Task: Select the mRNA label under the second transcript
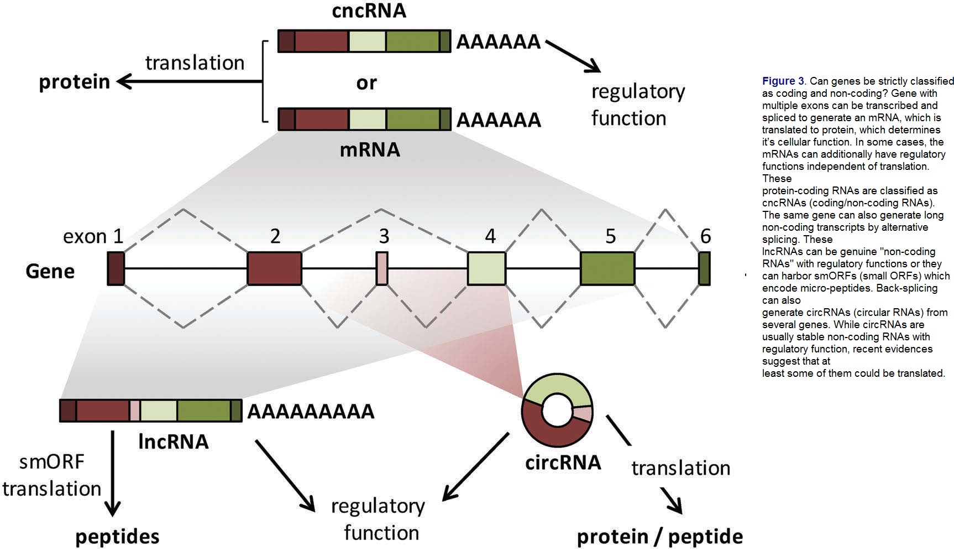coord(370,149)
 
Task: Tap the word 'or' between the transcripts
coord(366,83)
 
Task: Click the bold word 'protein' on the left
coord(75,82)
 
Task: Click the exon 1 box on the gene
coord(116,268)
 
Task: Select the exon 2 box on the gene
coord(275,268)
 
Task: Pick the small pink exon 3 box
coord(382,268)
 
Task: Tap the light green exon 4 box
coord(487,268)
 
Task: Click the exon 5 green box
coord(607,268)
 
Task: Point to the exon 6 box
coord(705,268)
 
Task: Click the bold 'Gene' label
coord(50,272)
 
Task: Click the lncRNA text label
coord(174,442)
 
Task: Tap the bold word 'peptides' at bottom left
coord(117,537)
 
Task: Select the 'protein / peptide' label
coord(660,537)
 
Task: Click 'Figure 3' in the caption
coord(783,81)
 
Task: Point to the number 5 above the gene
coord(610,237)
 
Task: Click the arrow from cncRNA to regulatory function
coord(573,56)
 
